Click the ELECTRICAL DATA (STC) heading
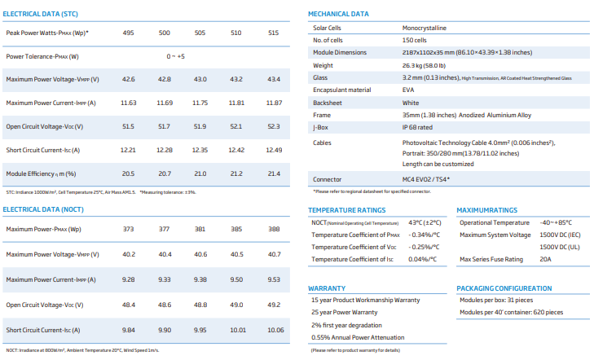pyautogui.click(x=40, y=14)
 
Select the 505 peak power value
pyautogui.click(x=200, y=33)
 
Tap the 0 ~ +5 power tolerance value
pyautogui.click(x=176, y=56)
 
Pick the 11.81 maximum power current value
pyautogui.click(x=236, y=103)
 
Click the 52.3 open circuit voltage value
pyautogui.click(x=274, y=126)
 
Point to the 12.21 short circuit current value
pyautogui.click(x=128, y=151)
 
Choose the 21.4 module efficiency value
pyautogui.click(x=274, y=173)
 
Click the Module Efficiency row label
pyautogui.click(x=41, y=173)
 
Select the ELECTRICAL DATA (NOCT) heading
pyautogui.click(x=43, y=209)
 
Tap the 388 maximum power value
pyautogui.click(x=274, y=229)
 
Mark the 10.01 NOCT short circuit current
pyautogui.click(x=238, y=330)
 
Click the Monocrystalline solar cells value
pyautogui.click(x=425, y=28)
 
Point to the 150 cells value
pyautogui.click(x=415, y=40)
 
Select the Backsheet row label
pyautogui.click(x=328, y=103)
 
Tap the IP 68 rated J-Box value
pyautogui.click(x=417, y=128)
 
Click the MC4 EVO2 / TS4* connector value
pyautogui.click(x=426, y=179)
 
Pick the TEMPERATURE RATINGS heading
pyautogui.click(x=346, y=210)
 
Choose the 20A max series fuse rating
pyautogui.click(x=545, y=259)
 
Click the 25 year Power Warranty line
pyautogui.click(x=345, y=312)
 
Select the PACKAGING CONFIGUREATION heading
pyautogui.click(x=504, y=288)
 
